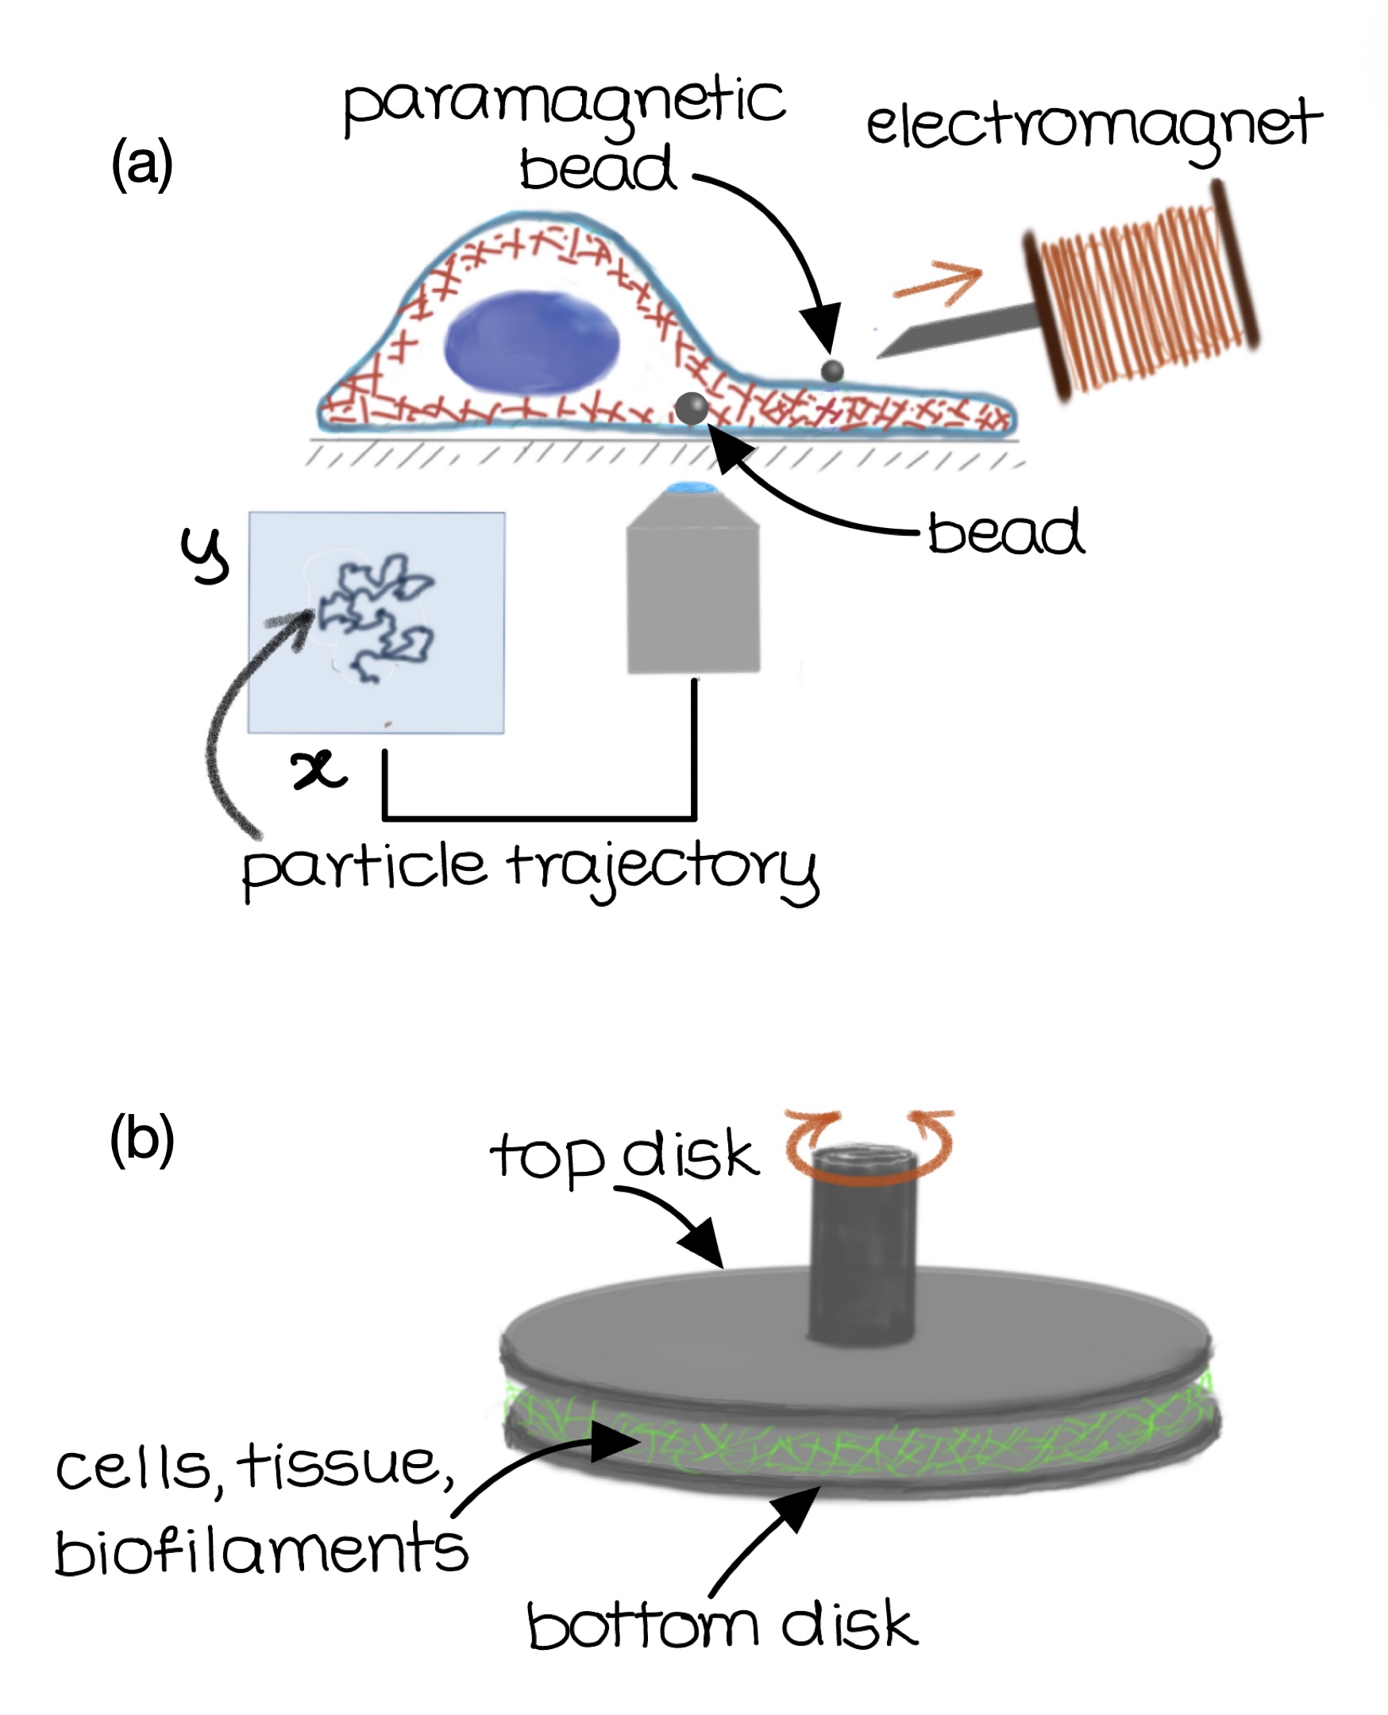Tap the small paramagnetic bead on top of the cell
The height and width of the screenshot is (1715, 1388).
832,371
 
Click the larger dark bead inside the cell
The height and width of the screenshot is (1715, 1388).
691,409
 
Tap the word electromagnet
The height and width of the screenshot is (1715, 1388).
1093,128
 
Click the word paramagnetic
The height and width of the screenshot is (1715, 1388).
564,104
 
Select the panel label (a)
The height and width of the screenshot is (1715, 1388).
141,164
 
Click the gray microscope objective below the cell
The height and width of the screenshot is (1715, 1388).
693,592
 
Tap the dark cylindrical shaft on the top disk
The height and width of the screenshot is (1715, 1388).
862,1247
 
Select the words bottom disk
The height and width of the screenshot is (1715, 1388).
722,1627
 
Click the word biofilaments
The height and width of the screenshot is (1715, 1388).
260,1551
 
